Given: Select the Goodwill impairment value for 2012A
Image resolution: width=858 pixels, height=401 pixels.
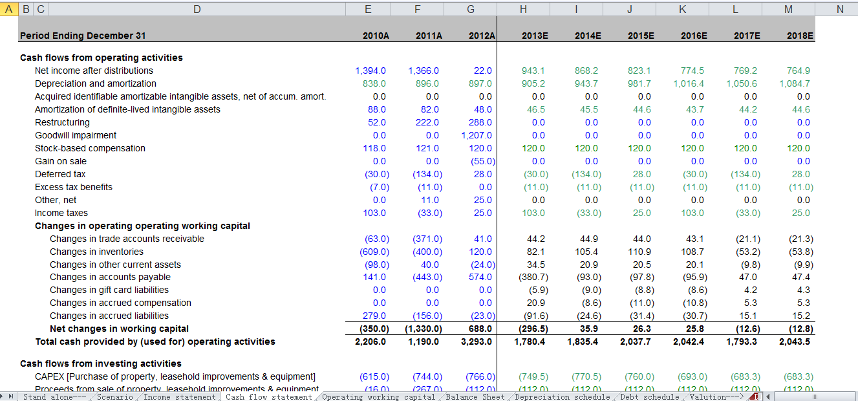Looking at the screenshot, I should pos(477,135).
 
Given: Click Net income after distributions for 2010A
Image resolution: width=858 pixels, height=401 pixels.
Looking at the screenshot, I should pos(370,70).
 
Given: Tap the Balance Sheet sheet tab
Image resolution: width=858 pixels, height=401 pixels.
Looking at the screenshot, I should pos(475,396).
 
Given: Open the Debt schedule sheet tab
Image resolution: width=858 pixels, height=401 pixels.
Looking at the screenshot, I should pos(650,396).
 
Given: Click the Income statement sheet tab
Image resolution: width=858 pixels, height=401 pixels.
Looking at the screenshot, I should pos(179,396).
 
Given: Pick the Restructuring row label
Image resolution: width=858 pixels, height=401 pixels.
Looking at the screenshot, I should pos(62,122).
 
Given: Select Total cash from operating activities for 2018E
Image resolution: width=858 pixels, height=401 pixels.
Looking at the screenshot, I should pos(795,341).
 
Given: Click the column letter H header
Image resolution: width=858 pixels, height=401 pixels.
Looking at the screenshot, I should pos(523,8).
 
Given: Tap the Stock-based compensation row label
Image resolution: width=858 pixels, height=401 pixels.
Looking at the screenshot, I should pos(90,148).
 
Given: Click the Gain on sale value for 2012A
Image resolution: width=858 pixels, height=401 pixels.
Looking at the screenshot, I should pos(480,161).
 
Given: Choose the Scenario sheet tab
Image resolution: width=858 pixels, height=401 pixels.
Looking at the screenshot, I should pos(115,396).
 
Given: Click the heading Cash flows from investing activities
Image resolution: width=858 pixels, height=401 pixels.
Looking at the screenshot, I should pos(101,363).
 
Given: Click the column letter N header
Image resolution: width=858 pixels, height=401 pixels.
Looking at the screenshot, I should pos(839,8).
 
